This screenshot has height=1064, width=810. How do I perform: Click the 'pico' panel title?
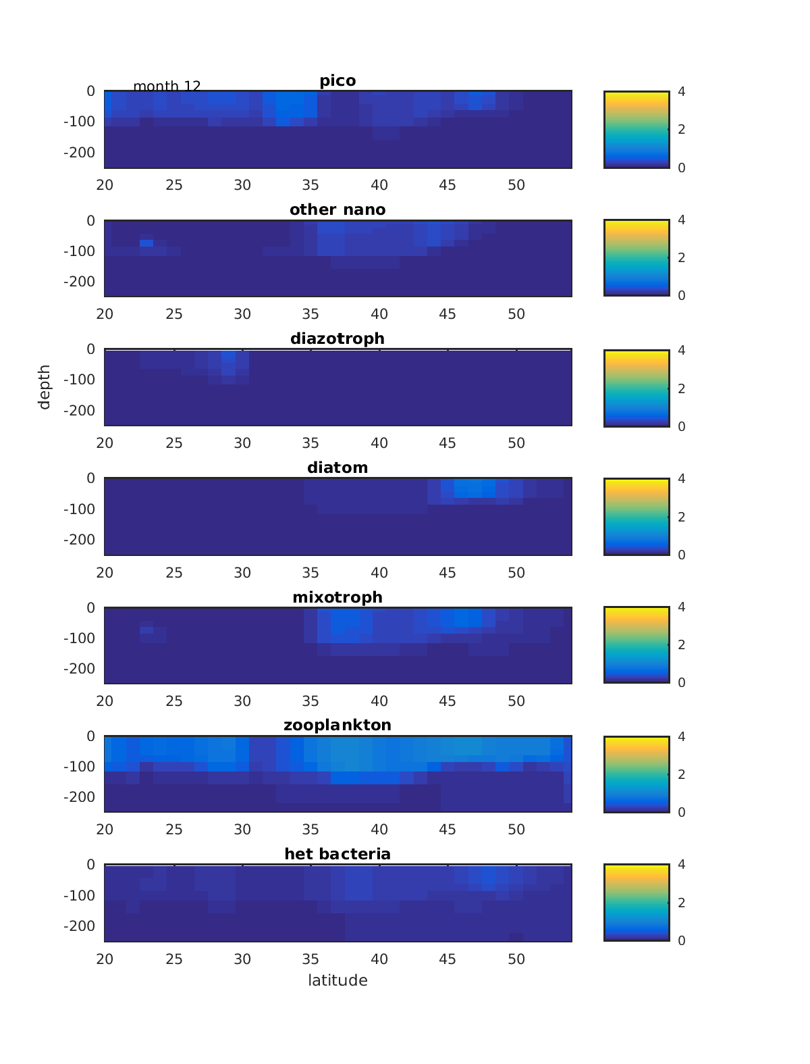point(337,81)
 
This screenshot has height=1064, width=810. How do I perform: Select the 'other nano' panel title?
point(337,210)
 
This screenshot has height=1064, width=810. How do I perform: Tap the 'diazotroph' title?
point(337,338)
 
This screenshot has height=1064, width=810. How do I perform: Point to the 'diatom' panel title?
point(337,467)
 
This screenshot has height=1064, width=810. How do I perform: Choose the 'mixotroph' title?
point(337,597)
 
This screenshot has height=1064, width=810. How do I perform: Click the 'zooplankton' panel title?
point(337,726)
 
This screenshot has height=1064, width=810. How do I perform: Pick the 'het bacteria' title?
point(337,854)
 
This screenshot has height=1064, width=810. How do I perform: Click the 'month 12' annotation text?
point(167,86)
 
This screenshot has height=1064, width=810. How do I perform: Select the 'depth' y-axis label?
point(45,387)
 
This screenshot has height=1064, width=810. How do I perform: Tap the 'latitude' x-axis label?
point(337,980)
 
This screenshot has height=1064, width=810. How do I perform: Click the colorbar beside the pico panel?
point(637,129)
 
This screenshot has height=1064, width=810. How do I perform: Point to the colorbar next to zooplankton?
point(637,774)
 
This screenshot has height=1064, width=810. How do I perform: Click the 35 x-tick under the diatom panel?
point(310,573)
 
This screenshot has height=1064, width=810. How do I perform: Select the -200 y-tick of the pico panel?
point(79,152)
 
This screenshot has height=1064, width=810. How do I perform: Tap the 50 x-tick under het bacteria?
point(516,959)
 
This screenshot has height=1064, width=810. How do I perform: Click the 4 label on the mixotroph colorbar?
point(682,607)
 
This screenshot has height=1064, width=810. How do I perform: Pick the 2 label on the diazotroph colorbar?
point(682,388)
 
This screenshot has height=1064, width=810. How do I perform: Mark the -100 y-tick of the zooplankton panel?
point(79,767)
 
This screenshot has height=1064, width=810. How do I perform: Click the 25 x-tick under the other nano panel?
point(174,314)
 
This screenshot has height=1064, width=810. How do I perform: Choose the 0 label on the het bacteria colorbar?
point(682,940)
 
